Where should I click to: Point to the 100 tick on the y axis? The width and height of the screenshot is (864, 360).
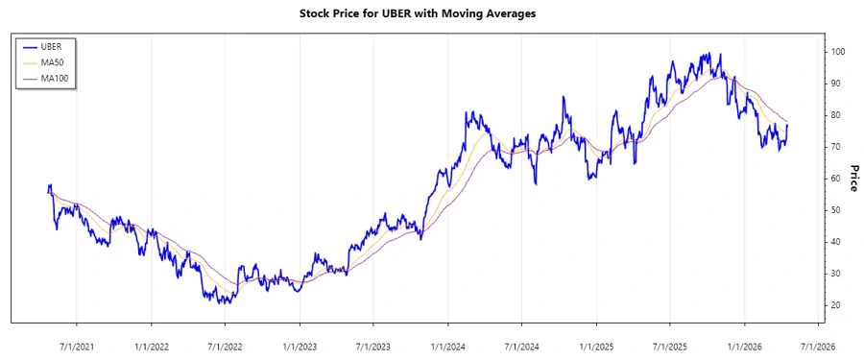838,52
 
